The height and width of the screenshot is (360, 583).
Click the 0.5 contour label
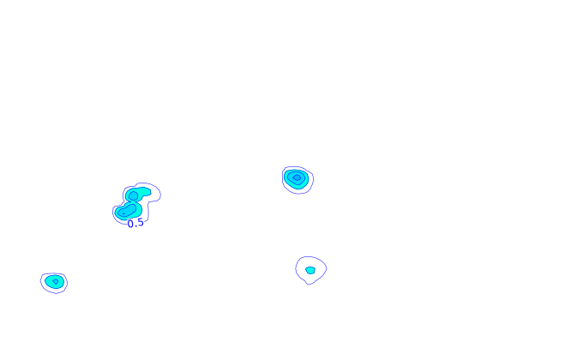click(135, 223)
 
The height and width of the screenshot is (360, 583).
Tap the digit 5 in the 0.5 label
click(140, 223)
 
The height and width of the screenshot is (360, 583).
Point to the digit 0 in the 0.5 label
click(130, 224)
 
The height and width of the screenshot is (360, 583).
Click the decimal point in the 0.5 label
click(135, 226)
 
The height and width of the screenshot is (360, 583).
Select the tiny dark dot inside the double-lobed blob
click(123, 213)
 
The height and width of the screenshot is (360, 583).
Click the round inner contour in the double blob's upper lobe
click(134, 196)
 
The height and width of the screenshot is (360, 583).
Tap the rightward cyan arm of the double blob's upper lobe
click(145, 192)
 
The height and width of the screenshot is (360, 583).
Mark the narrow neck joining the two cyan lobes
click(133, 202)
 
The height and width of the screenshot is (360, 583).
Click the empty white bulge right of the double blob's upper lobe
click(155, 194)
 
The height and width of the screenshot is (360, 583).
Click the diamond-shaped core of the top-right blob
click(297, 177)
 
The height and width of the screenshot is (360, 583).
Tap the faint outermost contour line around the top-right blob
click(313, 180)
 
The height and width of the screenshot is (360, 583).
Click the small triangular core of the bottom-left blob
click(56, 282)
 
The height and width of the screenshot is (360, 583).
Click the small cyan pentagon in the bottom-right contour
click(310, 270)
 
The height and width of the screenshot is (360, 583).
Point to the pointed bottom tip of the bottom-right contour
click(309, 285)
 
